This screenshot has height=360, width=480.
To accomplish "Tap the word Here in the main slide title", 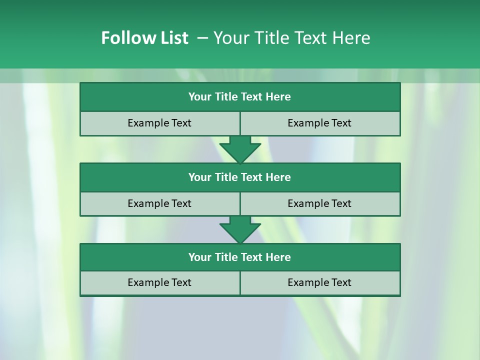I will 351,38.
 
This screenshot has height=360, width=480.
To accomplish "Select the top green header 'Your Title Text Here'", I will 240,97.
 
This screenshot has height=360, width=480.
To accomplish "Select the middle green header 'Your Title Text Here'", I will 240,177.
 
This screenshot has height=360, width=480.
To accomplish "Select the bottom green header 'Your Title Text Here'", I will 240,257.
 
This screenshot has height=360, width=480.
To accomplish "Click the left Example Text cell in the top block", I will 159,123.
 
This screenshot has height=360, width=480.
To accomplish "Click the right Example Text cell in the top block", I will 319,123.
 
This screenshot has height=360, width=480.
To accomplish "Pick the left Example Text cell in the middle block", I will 159,203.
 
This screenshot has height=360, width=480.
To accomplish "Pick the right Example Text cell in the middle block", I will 319,203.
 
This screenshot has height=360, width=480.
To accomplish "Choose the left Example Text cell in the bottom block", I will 159,282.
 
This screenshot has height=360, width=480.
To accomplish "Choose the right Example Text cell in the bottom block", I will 319,282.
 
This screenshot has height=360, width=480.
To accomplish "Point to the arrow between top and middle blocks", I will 240,149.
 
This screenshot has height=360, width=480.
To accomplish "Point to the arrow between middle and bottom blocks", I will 240,229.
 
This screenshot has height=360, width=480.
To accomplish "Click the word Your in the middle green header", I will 199,177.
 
